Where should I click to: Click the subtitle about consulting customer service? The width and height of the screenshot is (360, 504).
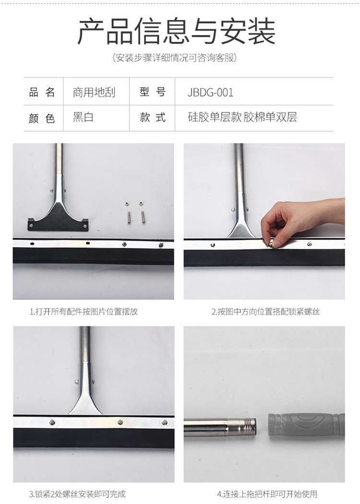[x=175, y=58]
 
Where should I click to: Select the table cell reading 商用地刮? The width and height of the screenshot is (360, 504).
[x=94, y=93]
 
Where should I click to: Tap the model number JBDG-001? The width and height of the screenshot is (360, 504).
[x=210, y=93]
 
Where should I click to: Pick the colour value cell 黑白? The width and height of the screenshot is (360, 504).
[x=83, y=117]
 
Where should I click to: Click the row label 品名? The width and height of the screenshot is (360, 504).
[x=42, y=93]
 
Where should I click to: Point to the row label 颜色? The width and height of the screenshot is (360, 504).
[x=42, y=118]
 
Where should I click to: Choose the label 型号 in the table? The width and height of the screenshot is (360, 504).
[x=153, y=92]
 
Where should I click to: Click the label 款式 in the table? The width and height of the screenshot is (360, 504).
[x=153, y=117]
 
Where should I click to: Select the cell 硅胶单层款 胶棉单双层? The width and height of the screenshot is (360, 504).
[x=242, y=117]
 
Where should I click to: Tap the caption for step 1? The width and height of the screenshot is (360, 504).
[x=84, y=311]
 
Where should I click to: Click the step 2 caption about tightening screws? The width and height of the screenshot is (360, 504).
[x=265, y=311]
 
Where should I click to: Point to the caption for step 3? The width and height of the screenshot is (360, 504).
[x=77, y=494]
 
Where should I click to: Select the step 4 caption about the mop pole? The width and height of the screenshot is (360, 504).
[x=267, y=494]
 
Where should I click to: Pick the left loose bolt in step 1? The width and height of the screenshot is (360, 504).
[x=129, y=217]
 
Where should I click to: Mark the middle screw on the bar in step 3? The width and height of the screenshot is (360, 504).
[x=120, y=422]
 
